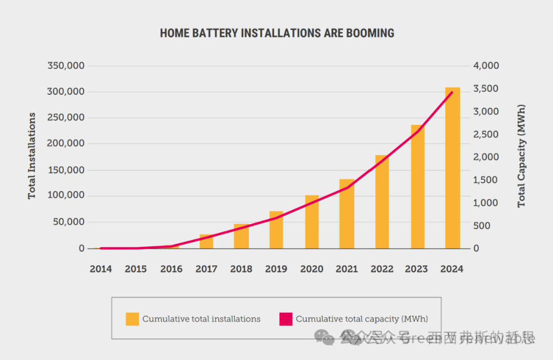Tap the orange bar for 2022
[382, 202]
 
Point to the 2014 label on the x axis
[101, 269]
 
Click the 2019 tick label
[276, 269]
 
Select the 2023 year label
[417, 269]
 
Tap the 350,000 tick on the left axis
[66, 66]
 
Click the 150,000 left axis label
[66, 170]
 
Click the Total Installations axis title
[32, 156]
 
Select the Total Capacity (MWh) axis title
[521, 156]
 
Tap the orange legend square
[132, 319]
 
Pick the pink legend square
[286, 319]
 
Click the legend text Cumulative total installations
[201, 319]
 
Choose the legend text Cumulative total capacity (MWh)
[361, 319]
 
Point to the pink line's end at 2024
[452, 93]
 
